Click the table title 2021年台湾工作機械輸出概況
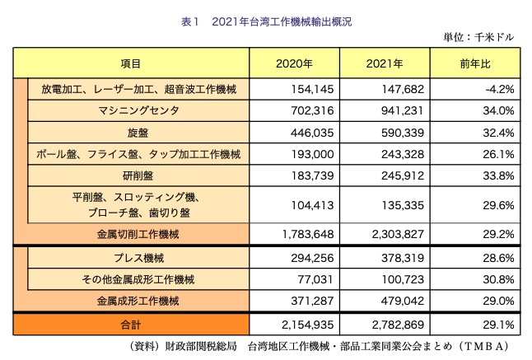266,22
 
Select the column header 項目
130,63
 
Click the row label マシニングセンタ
138,110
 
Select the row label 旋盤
138,131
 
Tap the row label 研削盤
138,175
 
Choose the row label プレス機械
138,258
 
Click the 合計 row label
130,324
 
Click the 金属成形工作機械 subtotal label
137,301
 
